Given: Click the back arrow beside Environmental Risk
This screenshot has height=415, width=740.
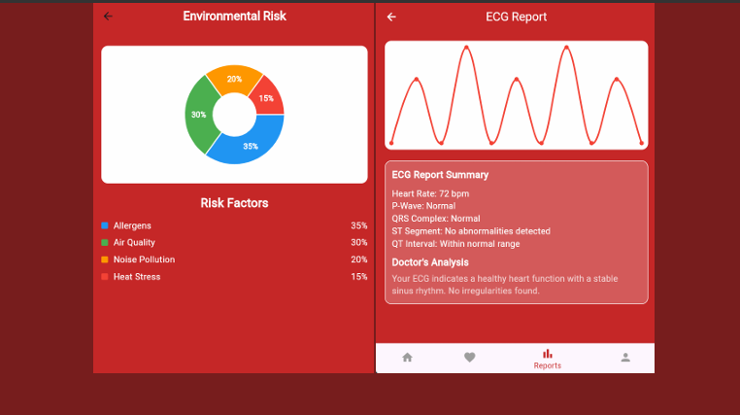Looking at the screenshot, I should tap(108, 17).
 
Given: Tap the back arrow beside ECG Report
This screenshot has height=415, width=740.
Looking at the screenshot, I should tap(391, 17).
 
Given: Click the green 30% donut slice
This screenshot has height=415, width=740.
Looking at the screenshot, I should tap(199, 115).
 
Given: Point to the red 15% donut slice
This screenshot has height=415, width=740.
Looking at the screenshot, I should tap(266, 97).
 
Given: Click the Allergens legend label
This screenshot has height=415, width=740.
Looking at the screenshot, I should tap(132, 225).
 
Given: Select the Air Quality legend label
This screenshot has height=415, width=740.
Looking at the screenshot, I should tap(134, 242).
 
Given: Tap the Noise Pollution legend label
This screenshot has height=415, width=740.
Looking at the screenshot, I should tap(144, 259).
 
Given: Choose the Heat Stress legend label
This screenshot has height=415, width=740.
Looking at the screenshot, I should tap(137, 277).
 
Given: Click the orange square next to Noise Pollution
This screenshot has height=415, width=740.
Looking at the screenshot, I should tap(105, 259).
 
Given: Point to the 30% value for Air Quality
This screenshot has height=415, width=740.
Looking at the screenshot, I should tap(358, 242).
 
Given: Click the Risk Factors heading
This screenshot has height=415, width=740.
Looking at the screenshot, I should tap(234, 203).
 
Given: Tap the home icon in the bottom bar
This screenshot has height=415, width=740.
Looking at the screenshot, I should tap(407, 358).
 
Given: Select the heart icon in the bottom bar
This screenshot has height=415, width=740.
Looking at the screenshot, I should tap(470, 358).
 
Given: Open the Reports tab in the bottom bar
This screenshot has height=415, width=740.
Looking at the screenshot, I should tap(547, 359).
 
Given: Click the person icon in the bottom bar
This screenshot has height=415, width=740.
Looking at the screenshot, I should tap(625, 358).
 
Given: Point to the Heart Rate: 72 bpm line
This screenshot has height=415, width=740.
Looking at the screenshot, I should tap(430, 193).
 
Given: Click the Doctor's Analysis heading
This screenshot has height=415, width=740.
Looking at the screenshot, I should tap(430, 262).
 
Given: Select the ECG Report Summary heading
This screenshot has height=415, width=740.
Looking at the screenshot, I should tap(440, 175).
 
